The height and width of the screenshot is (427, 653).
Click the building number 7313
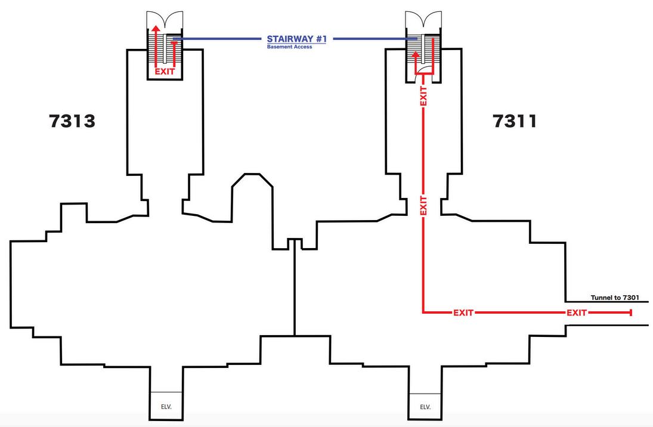click(x=72, y=121)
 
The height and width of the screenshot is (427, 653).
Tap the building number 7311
click(x=515, y=121)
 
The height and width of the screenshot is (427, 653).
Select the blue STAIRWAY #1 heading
click(x=296, y=39)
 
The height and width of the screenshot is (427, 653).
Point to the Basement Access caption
click(x=289, y=47)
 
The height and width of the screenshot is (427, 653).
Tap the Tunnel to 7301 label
click(x=615, y=297)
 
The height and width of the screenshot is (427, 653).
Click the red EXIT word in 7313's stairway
click(x=165, y=72)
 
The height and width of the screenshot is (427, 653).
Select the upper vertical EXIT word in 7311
click(x=423, y=97)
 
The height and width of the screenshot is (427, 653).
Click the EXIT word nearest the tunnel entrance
click(x=576, y=312)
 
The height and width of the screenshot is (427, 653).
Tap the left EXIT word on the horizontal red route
click(x=463, y=312)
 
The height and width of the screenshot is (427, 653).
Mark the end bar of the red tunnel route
click(x=630, y=312)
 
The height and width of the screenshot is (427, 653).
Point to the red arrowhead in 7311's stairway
click(x=416, y=54)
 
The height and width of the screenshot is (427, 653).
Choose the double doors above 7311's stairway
click(x=423, y=20)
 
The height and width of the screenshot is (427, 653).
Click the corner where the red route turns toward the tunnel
click(x=423, y=312)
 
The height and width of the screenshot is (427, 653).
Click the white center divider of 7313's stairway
click(x=165, y=50)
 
